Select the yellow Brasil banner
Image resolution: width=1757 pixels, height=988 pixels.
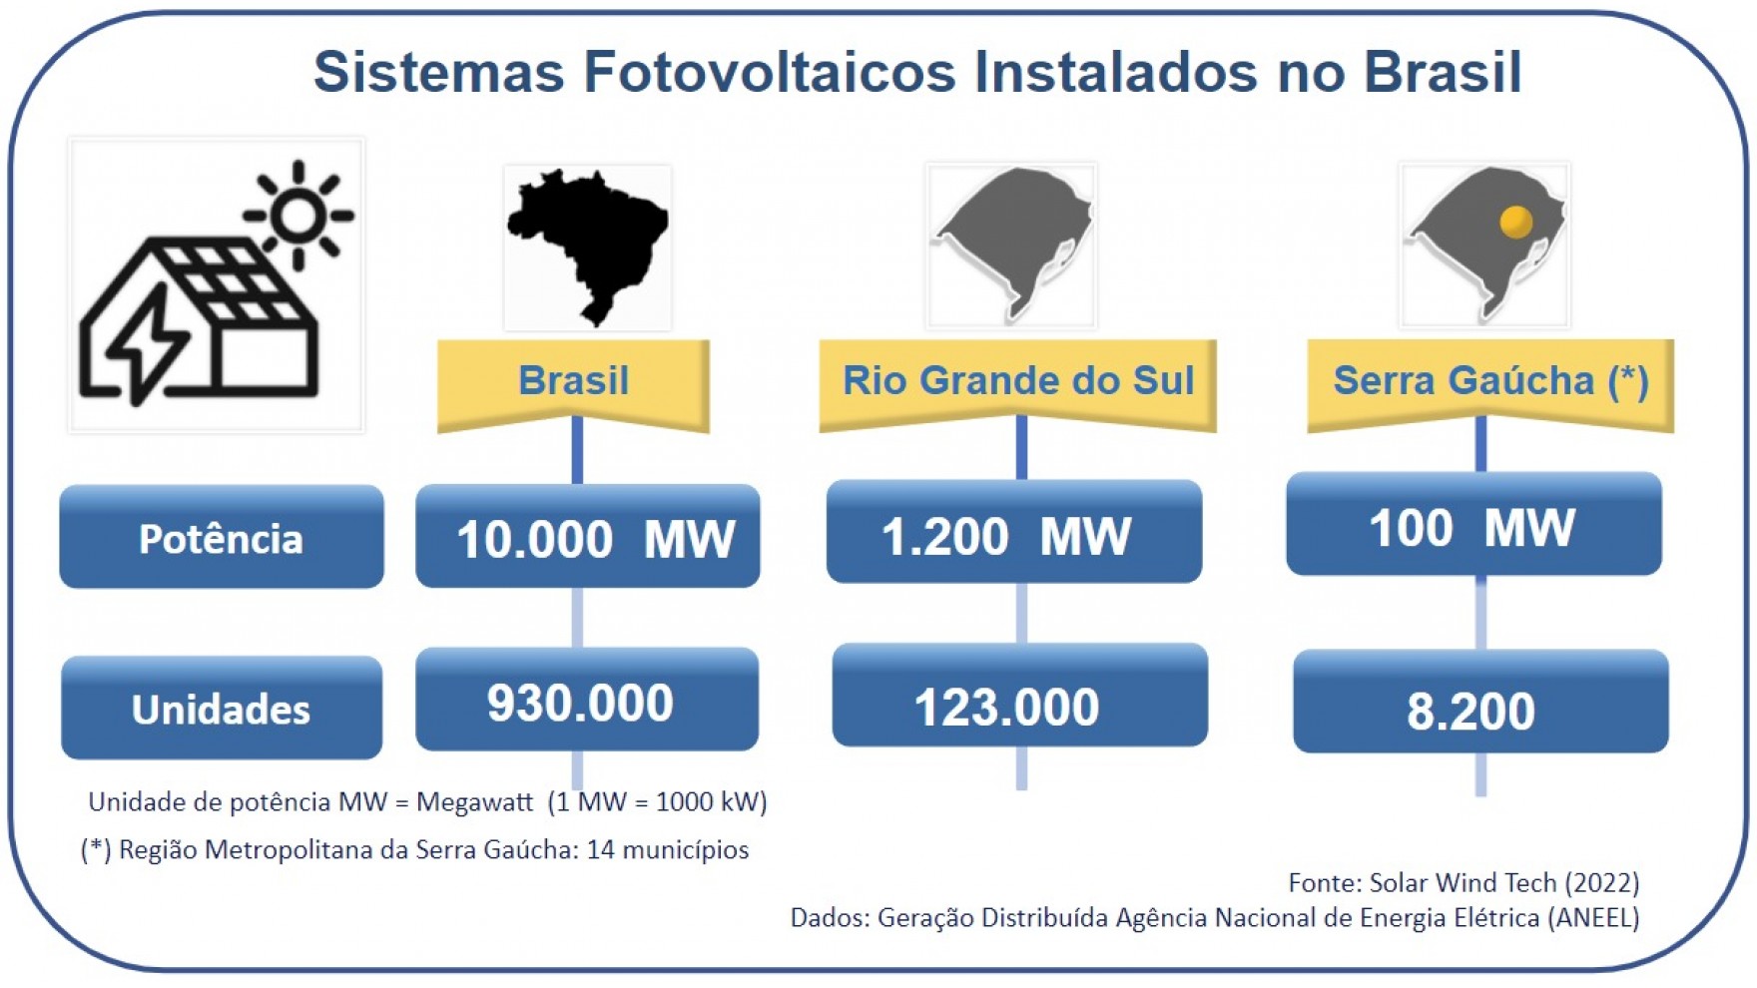click(x=574, y=385)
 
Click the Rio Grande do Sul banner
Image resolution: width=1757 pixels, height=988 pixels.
click(x=1018, y=385)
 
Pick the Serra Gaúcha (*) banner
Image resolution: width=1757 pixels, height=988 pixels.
click(x=1490, y=385)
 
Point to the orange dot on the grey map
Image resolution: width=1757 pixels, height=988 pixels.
click(x=1515, y=221)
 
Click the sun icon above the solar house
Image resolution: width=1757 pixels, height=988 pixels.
click(x=298, y=215)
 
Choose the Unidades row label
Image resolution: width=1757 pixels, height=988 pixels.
click(x=222, y=708)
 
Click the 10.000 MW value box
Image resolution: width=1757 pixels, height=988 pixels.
click(x=588, y=536)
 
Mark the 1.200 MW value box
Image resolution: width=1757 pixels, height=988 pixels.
click(x=1014, y=532)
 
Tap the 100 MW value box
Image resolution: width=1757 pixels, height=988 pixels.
click(x=1474, y=524)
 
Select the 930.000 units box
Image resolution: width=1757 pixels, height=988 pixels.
click(x=587, y=700)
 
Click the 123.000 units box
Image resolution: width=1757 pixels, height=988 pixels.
click(x=1020, y=696)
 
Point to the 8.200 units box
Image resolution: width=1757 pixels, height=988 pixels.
click(x=1481, y=702)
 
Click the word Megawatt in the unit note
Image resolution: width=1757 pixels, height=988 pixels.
click(x=475, y=802)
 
